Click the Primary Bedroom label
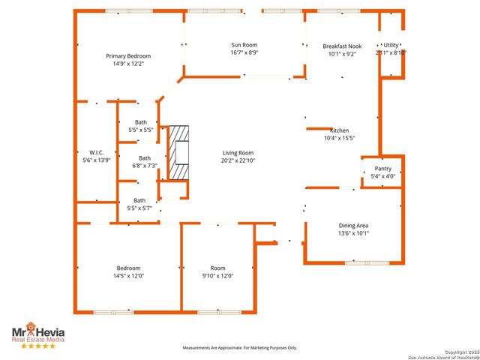(128, 56)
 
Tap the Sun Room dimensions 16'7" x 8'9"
(244, 53)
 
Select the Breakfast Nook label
(342, 46)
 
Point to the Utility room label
(391, 46)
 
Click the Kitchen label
(339, 130)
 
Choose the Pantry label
(382, 169)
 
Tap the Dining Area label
(352, 225)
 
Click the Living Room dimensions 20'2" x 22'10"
(238, 160)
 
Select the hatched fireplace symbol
(178, 152)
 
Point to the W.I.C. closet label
(96, 152)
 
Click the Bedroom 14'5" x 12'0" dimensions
(128, 276)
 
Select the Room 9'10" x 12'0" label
(218, 268)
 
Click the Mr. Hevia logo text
(37, 332)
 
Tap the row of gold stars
(37, 346)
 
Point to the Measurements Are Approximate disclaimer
(240, 348)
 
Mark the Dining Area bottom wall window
(367, 262)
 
